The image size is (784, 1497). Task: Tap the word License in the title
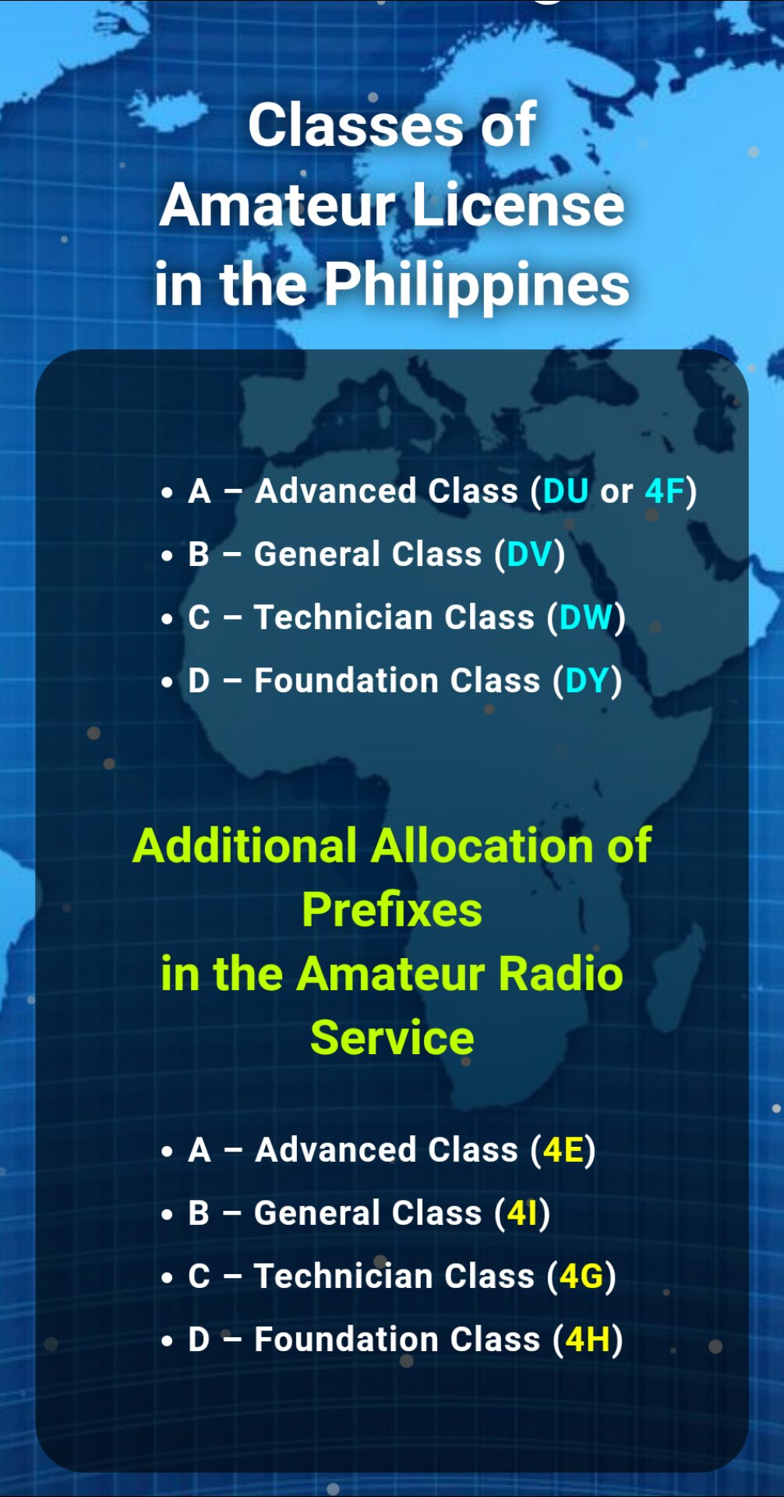[518, 205]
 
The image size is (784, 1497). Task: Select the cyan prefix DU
[565, 492]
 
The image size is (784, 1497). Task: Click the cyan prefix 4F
[665, 492]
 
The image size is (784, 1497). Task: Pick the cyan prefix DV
[529, 555]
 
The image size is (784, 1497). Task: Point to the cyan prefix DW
[586, 618]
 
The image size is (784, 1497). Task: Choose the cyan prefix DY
[587, 681]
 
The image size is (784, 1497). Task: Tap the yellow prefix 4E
[563, 1151]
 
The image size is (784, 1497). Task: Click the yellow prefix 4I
[522, 1214]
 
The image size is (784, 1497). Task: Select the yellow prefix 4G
[582, 1277]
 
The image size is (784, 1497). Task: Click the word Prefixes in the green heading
[392, 910]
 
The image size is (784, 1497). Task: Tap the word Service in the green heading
[392, 1038]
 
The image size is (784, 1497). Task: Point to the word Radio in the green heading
[560, 974]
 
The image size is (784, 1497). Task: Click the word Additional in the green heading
[245, 846]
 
